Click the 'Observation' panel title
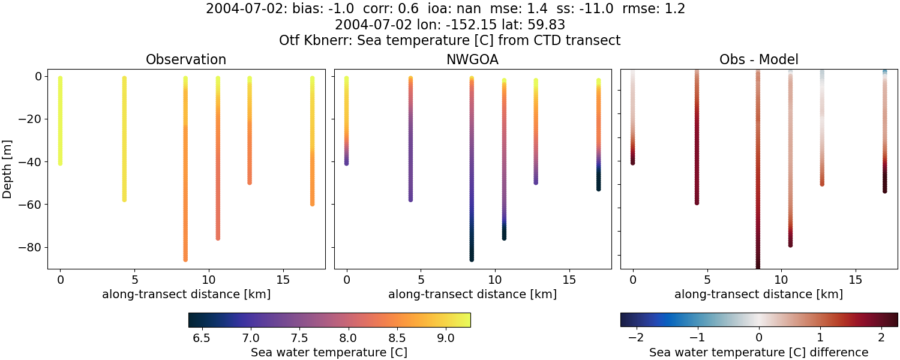186,59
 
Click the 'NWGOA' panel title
472,59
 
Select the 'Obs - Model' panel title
758,59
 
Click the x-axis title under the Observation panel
186,294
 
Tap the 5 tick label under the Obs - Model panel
707,280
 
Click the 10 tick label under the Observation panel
208,280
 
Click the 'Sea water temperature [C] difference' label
758,352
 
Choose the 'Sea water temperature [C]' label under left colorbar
329,352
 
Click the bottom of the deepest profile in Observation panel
185,259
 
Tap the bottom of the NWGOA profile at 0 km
346,163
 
